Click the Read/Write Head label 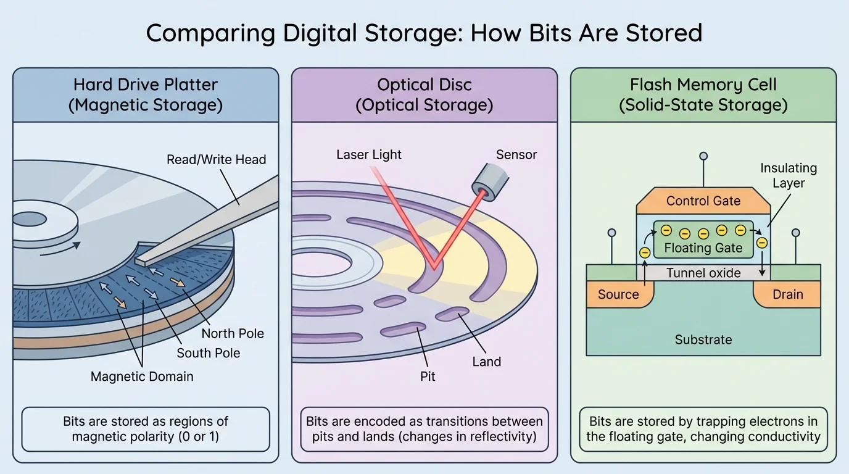(x=216, y=159)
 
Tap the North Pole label (x=233, y=333)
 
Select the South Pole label (x=208, y=353)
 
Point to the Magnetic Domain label (x=142, y=376)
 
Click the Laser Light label (x=368, y=154)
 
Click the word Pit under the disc (x=428, y=376)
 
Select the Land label (x=486, y=362)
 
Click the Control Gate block (x=703, y=201)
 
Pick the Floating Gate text (x=703, y=248)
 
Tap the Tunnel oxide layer (x=703, y=273)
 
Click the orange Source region (x=618, y=294)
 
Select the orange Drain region (x=787, y=294)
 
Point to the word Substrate (x=703, y=339)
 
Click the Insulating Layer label (x=788, y=175)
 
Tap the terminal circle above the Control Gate (x=703, y=157)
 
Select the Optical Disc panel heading (x=424, y=94)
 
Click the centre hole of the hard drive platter (x=30, y=220)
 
